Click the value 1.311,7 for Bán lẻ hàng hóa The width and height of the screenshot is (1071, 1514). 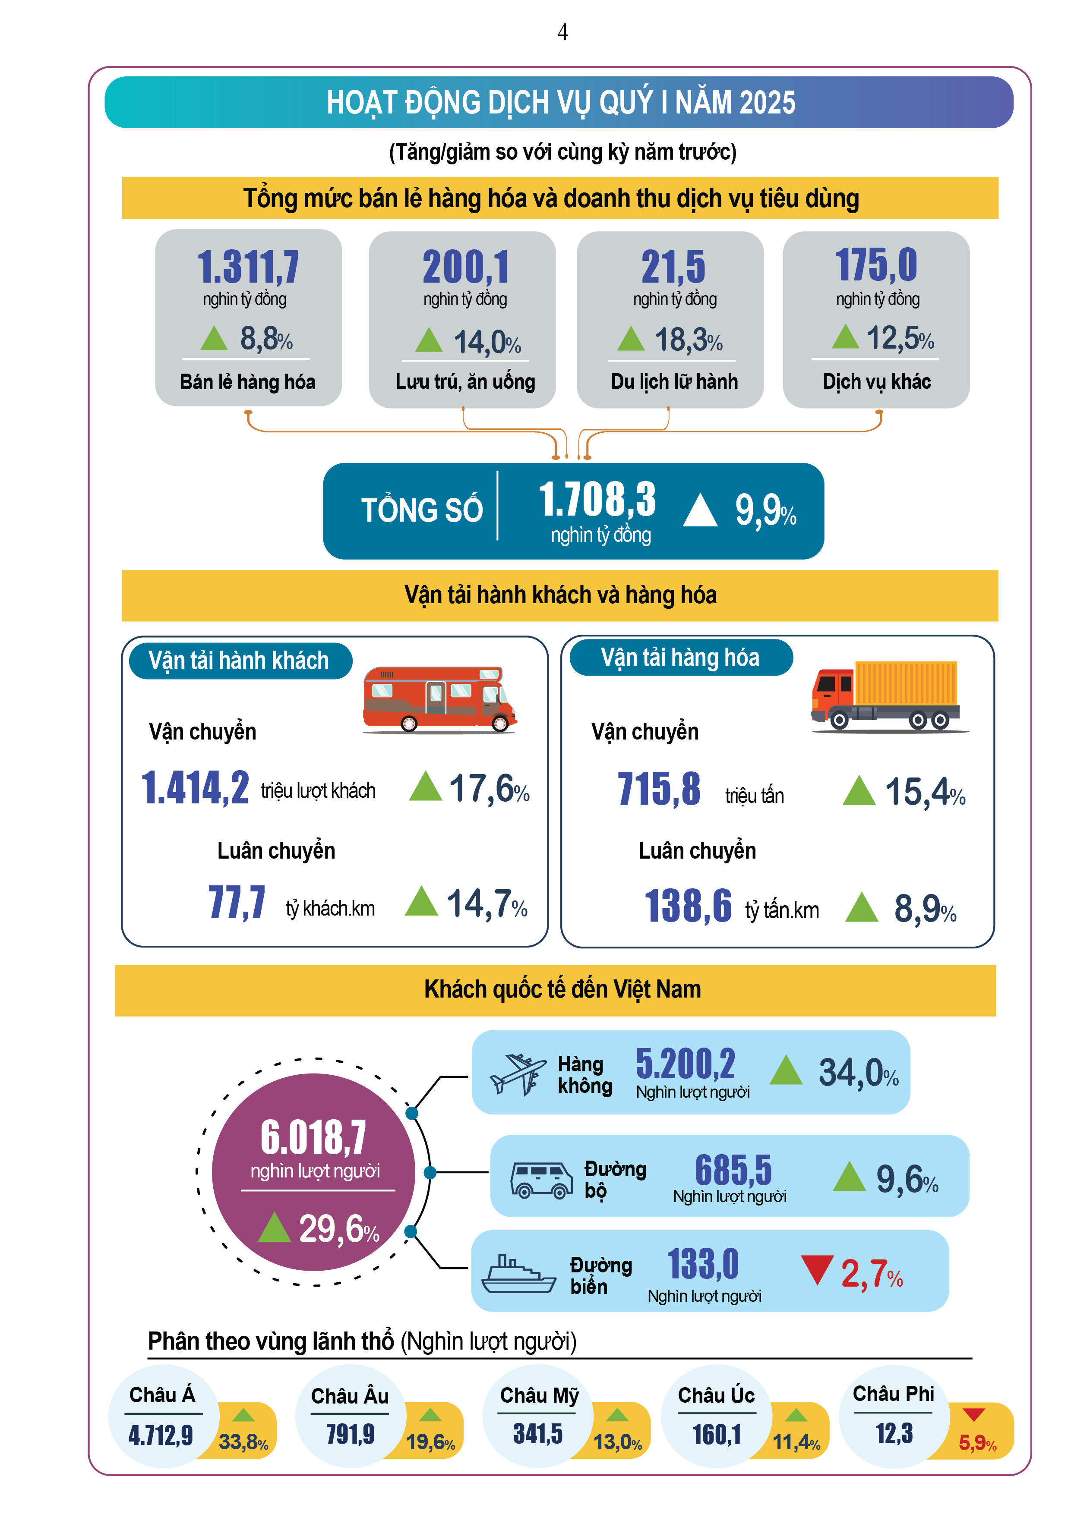click(x=248, y=267)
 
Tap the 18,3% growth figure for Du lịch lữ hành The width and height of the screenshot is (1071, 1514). click(x=688, y=340)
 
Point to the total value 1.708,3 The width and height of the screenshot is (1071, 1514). click(x=597, y=499)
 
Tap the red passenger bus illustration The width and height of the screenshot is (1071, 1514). click(x=439, y=699)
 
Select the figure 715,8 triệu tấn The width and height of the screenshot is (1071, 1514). click(x=659, y=789)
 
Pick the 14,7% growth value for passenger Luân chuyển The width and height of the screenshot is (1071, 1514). click(x=487, y=903)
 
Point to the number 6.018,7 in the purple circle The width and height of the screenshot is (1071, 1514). click(x=313, y=1138)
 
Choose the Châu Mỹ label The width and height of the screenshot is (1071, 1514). click(x=538, y=1395)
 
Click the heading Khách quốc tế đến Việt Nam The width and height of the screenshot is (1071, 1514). click(x=562, y=989)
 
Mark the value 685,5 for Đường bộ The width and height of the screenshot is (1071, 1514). click(x=733, y=1171)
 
